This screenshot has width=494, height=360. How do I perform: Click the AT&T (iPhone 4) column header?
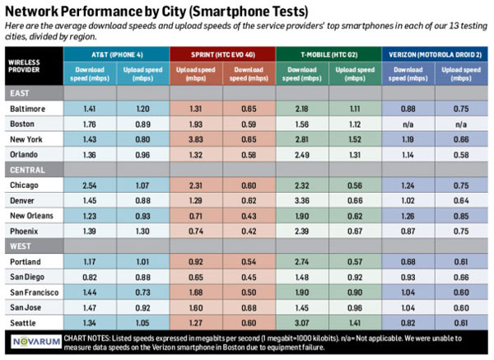[115, 54]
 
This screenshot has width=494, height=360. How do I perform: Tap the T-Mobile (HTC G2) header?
[329, 54]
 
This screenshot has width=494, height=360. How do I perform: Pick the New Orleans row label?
[35, 216]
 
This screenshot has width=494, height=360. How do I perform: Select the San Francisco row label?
[37, 292]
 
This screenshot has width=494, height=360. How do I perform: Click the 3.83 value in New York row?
[195, 139]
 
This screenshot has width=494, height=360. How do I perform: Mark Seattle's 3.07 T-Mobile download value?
[302, 323]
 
